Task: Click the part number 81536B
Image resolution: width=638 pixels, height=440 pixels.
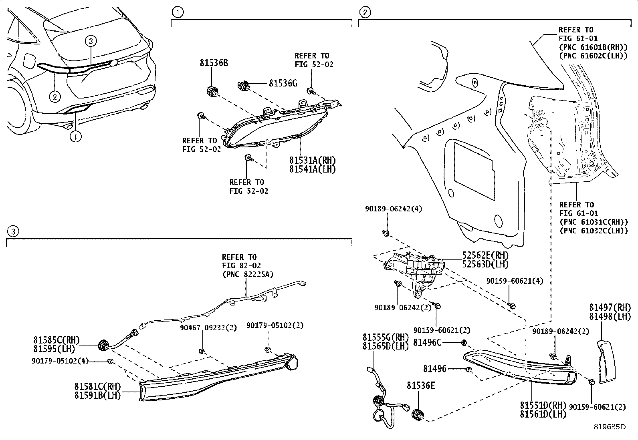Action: [214, 63]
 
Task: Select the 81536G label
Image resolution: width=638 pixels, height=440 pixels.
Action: [283, 83]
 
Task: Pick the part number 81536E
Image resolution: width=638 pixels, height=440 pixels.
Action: [421, 386]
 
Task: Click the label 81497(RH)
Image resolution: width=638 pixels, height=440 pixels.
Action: [610, 307]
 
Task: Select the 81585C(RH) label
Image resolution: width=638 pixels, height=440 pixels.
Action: [54, 340]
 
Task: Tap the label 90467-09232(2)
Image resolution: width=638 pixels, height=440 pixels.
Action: [208, 327]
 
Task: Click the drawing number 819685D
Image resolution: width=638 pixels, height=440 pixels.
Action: [610, 427]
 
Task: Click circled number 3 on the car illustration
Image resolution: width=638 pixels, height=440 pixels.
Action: [91, 41]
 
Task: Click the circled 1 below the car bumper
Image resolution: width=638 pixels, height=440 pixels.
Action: [75, 137]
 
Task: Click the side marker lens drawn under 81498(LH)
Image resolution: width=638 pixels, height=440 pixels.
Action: [608, 362]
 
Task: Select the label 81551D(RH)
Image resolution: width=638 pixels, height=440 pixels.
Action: [543, 405]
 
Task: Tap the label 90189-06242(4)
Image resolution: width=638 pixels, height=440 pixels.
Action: [393, 209]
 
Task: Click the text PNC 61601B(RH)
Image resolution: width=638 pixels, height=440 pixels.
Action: [593, 47]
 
